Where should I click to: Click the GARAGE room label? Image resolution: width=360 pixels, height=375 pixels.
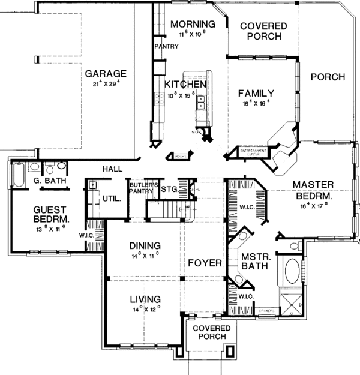pyautogui.click(x=105, y=73)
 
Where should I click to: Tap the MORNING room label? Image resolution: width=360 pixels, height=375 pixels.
pyautogui.click(x=188, y=24)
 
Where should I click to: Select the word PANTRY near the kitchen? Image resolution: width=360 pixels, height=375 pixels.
pyautogui.click(x=164, y=46)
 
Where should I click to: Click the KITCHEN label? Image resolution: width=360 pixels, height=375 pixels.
pyautogui.click(x=185, y=85)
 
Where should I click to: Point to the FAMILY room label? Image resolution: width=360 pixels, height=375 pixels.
pyautogui.click(x=256, y=93)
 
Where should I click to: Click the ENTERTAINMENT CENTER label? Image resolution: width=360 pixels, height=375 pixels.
pyautogui.click(x=250, y=152)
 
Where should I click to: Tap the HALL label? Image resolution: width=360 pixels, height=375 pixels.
pyautogui.click(x=113, y=169)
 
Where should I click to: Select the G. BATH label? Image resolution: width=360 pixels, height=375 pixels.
pyautogui.click(x=44, y=180)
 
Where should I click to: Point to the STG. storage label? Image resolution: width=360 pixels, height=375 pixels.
pyautogui.click(x=169, y=190)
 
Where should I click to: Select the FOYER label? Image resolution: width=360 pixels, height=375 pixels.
pyautogui.click(x=205, y=263)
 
